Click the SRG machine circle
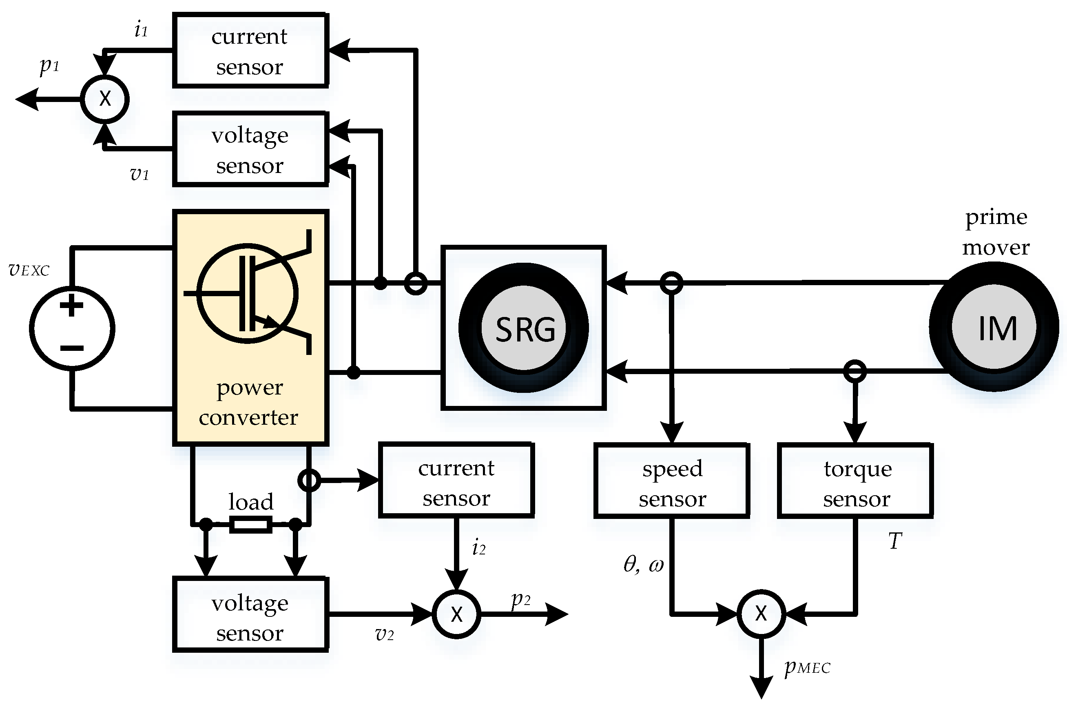(524, 328)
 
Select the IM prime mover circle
(994, 328)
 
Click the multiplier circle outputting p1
(105, 98)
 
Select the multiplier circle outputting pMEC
(761, 613)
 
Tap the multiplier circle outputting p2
(456, 614)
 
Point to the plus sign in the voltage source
(72, 306)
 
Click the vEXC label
(29, 270)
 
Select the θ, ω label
(643, 564)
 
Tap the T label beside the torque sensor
(895, 541)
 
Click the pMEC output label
(807, 667)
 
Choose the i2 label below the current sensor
(478, 548)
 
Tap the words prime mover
(996, 232)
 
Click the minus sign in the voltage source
(72, 348)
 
